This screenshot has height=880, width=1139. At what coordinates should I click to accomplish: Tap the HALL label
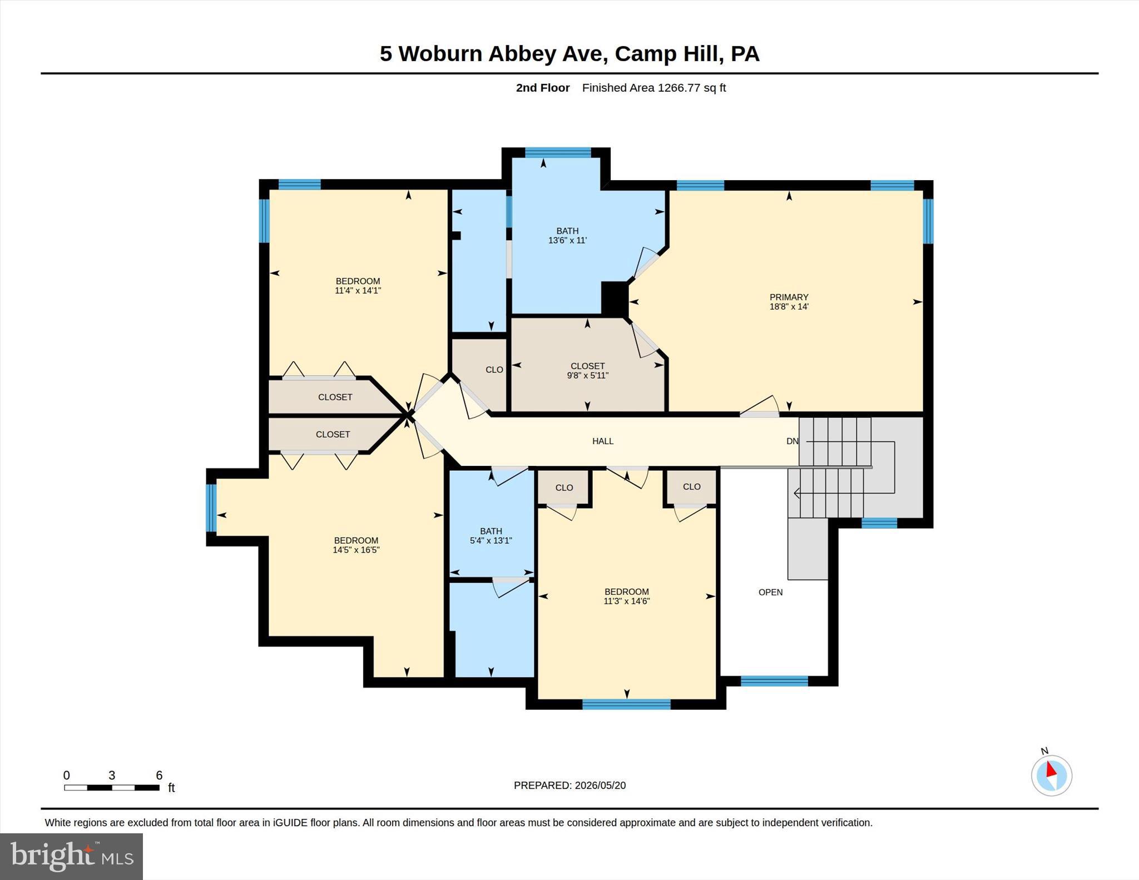(x=603, y=441)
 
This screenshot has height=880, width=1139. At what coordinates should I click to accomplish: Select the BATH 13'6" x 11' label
(x=567, y=235)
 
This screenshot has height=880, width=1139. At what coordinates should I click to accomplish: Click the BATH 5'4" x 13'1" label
(x=491, y=535)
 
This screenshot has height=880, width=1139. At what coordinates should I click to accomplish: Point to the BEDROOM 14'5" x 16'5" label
(x=356, y=545)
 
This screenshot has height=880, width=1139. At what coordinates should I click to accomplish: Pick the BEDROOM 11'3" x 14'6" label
(x=627, y=596)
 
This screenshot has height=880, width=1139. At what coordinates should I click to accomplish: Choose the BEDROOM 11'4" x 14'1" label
(x=358, y=285)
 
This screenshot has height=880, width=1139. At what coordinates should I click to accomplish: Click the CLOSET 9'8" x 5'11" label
(x=587, y=370)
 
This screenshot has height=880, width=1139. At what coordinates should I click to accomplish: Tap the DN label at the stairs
(x=793, y=441)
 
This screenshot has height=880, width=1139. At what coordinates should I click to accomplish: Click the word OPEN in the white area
(x=770, y=592)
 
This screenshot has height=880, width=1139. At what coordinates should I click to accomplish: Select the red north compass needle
(x=1051, y=769)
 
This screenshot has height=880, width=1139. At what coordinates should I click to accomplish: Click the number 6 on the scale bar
(x=159, y=775)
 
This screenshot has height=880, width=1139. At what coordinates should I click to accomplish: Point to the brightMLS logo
(x=72, y=856)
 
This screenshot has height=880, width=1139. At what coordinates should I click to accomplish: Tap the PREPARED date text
(x=569, y=785)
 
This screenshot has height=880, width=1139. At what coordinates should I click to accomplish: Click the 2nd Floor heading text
(x=543, y=87)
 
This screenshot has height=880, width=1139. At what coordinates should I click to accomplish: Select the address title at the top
(x=569, y=53)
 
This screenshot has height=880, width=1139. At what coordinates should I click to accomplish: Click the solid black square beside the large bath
(x=615, y=299)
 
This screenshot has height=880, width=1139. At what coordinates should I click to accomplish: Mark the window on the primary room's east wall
(x=928, y=221)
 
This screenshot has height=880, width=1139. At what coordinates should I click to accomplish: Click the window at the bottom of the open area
(x=774, y=681)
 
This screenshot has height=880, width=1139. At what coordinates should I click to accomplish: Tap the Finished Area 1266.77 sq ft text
(x=654, y=87)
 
